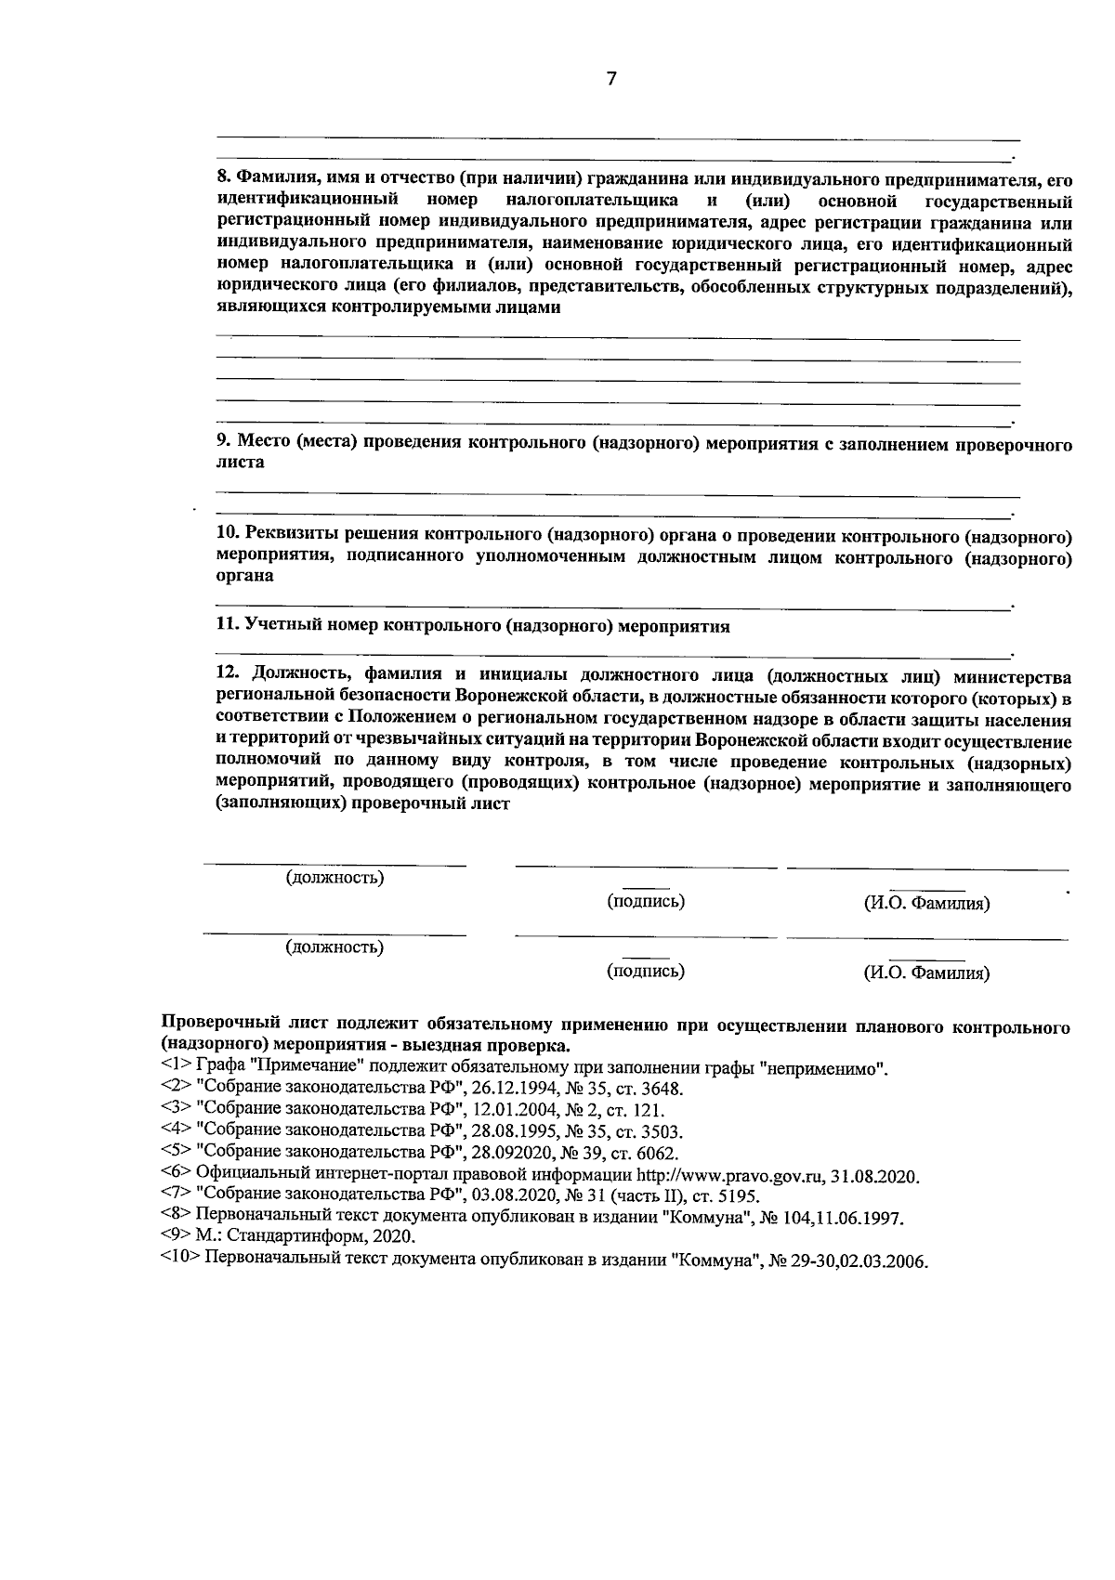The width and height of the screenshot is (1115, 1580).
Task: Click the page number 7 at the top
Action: (610, 79)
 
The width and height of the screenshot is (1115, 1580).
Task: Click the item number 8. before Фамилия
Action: (223, 177)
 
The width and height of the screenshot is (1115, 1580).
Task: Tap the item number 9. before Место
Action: (223, 443)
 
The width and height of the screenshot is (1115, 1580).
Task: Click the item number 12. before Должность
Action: (228, 675)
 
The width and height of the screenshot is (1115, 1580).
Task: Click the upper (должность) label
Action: (334, 877)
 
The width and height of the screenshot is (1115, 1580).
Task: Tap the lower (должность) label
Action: (334, 947)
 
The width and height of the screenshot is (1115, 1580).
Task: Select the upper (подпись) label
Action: (646, 901)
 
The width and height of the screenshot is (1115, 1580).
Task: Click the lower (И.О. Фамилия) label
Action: (926, 973)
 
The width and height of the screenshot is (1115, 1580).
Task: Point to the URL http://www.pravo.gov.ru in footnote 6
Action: (734, 1176)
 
